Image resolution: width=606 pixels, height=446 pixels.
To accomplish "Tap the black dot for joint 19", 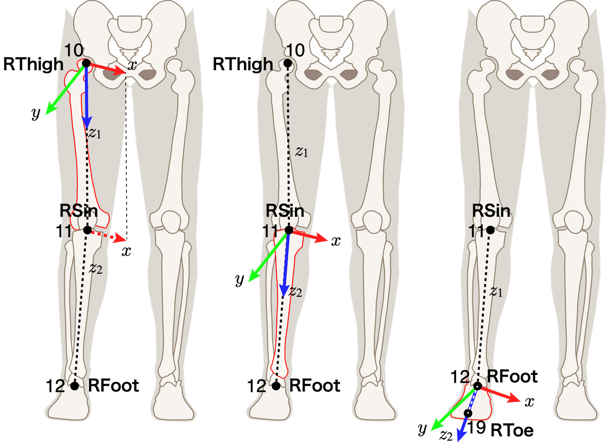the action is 468,413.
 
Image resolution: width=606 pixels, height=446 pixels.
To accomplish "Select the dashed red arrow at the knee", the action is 107,235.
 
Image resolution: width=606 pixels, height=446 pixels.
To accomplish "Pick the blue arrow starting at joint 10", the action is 86,96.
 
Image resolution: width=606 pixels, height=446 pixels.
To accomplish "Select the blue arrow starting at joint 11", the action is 286,263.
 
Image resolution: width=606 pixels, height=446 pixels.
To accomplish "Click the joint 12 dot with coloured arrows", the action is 477,386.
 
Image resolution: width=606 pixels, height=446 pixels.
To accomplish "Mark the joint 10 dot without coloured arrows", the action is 287,64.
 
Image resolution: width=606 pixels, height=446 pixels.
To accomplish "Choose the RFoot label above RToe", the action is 513,376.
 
